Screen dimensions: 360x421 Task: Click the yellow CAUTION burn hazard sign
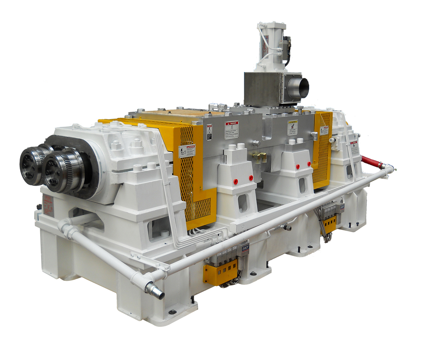293,128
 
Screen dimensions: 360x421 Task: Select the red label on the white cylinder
273,51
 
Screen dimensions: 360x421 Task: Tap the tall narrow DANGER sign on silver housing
209,132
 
